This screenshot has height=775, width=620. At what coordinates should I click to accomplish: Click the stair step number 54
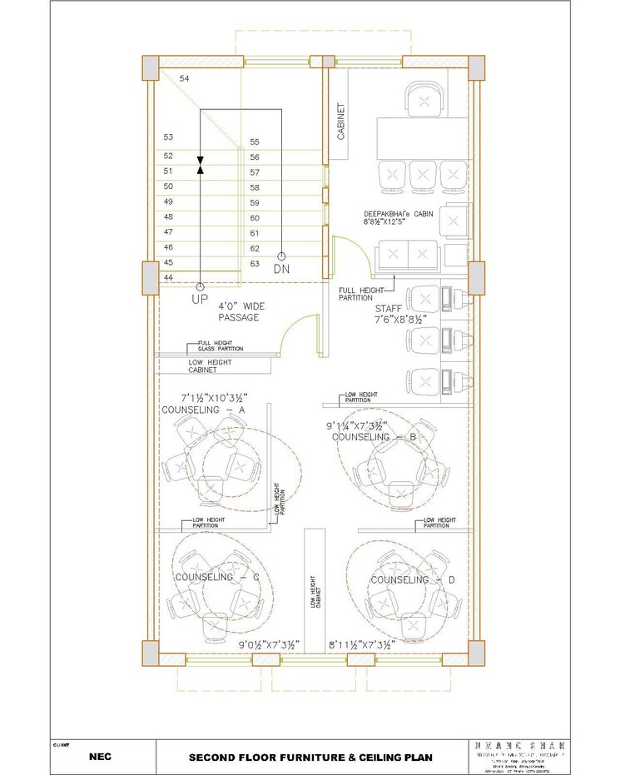[184, 78]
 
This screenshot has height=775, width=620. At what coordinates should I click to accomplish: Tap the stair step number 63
[255, 263]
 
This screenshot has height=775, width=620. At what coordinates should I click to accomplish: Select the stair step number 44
[168, 277]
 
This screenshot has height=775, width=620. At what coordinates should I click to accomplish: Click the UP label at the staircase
[200, 298]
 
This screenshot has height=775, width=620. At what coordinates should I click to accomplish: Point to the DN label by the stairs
[283, 269]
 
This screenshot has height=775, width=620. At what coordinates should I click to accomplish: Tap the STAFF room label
[389, 307]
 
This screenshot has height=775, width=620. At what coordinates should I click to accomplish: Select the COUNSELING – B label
[374, 437]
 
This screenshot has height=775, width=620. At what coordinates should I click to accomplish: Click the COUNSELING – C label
[217, 577]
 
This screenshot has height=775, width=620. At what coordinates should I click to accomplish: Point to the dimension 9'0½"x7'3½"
[268, 644]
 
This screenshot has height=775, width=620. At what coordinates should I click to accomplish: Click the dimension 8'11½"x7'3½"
[360, 644]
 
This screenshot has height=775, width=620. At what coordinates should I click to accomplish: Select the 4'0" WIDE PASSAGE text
[242, 311]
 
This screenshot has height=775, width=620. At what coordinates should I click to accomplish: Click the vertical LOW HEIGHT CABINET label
[315, 591]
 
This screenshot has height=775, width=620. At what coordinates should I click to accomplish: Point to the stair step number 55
[255, 142]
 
